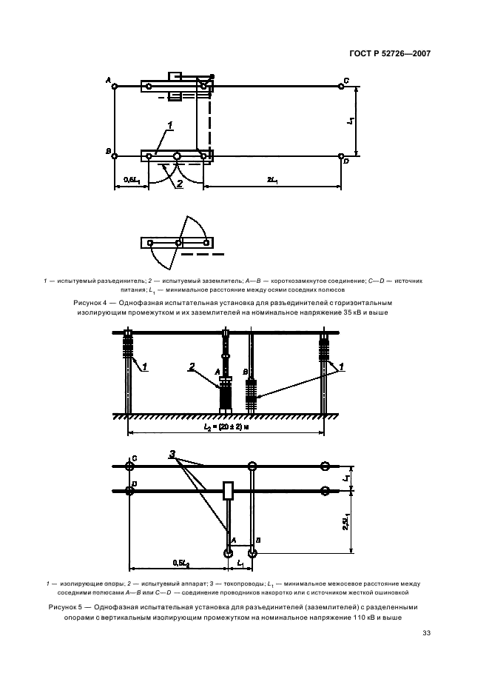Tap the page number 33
(426, 632)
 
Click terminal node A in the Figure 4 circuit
(115, 87)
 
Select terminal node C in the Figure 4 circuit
(341, 87)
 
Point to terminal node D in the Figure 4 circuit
(341, 156)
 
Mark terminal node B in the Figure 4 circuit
(115, 156)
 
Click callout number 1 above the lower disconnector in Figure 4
(169, 126)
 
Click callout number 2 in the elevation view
(191, 366)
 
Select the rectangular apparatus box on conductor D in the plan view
(229, 490)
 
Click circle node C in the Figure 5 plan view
(130, 466)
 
